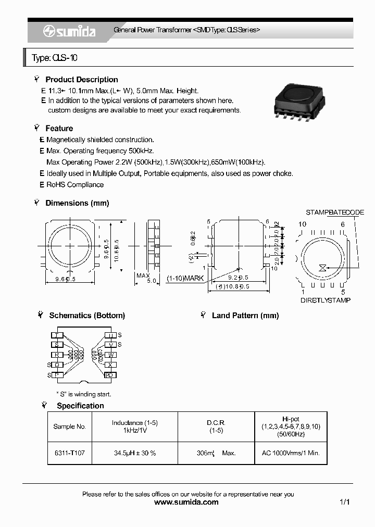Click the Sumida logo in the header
[x=69, y=32]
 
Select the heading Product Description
[x=81, y=80]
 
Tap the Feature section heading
[x=59, y=128]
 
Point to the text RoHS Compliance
[x=74, y=185]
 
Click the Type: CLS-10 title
[x=55, y=58]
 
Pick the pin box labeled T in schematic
[x=57, y=335]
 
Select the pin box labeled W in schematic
[x=110, y=355]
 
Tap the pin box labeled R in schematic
[x=57, y=355]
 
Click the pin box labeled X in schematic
[x=110, y=365]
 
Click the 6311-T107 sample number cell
[x=70, y=453]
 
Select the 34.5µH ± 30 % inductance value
[x=135, y=453]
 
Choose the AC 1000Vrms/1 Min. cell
[x=291, y=453]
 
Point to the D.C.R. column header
[x=216, y=423]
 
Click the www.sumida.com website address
[x=187, y=503]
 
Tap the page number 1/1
[x=344, y=503]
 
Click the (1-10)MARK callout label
[x=185, y=279]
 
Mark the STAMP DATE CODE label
[x=334, y=212]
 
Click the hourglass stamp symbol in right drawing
[x=323, y=268]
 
